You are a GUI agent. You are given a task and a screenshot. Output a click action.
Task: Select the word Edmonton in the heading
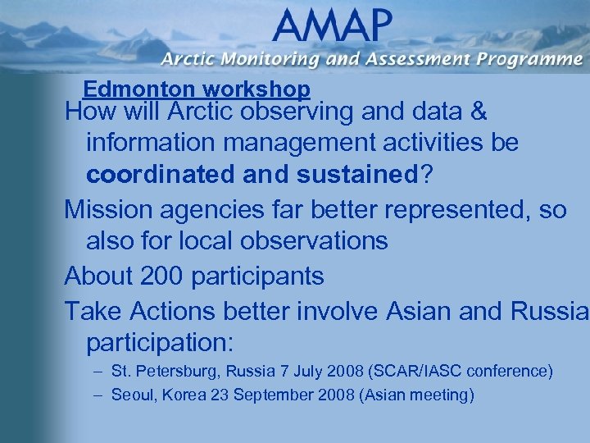133,89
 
